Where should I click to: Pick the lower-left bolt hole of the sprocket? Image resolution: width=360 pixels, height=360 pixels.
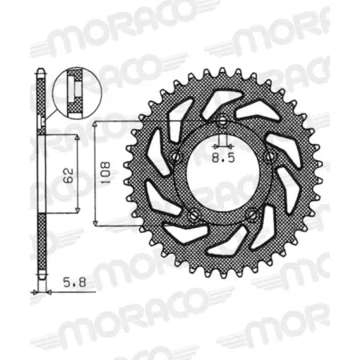point(193,213)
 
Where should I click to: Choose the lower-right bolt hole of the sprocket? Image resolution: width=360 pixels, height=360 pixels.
point(252,213)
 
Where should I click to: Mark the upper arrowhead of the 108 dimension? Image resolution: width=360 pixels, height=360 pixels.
point(96,126)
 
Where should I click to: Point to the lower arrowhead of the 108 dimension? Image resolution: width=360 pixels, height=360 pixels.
point(96,221)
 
